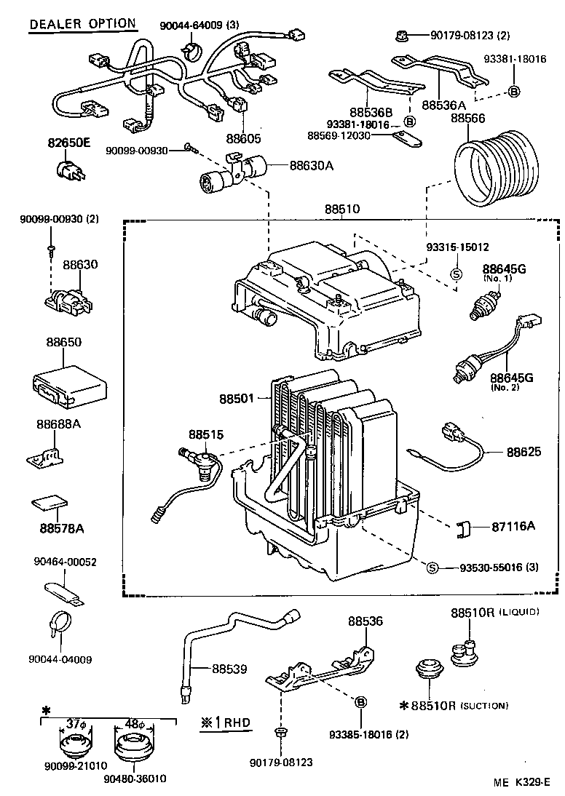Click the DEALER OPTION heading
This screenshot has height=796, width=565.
(x=82, y=23)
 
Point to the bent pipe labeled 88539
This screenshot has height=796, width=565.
(x=240, y=632)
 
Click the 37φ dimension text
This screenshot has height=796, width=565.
(x=76, y=725)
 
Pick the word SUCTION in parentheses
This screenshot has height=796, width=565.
(x=483, y=705)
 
